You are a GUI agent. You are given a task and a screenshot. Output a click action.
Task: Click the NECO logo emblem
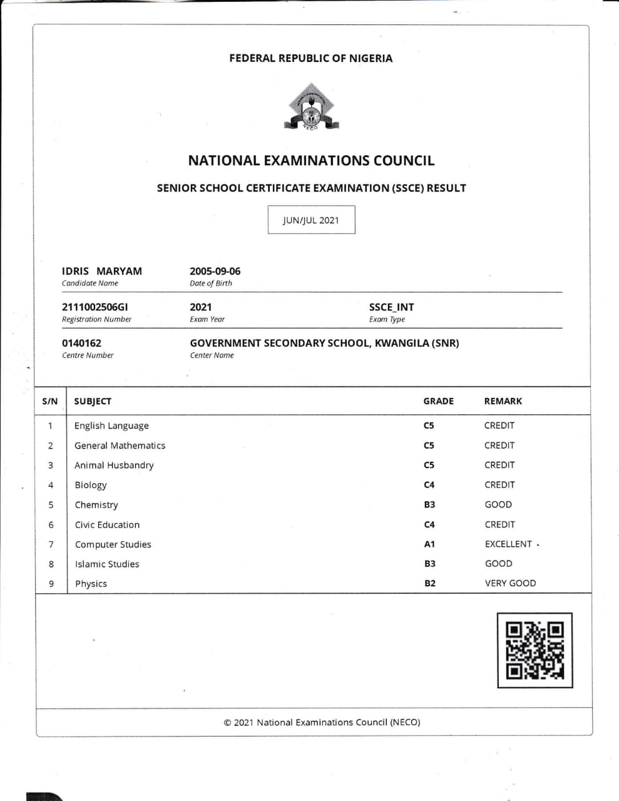(x=311, y=107)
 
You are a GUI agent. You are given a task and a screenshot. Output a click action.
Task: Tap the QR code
(x=535, y=650)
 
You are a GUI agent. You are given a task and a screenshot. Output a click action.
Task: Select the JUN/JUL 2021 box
(x=311, y=220)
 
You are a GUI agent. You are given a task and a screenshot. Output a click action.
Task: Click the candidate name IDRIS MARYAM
(x=102, y=271)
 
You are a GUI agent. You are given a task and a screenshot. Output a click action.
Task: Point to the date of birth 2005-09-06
(x=215, y=271)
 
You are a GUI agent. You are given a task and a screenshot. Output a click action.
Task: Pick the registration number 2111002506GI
(x=95, y=307)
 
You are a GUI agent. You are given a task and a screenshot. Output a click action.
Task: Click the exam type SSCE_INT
(x=391, y=307)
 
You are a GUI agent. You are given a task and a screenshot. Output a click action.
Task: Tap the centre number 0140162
(x=81, y=343)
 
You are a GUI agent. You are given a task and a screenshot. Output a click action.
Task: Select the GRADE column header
(x=438, y=401)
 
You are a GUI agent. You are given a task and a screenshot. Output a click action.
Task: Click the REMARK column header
(x=503, y=401)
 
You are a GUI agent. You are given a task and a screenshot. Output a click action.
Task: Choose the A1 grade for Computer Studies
(x=429, y=544)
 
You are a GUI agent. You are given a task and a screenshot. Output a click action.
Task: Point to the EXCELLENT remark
(x=508, y=544)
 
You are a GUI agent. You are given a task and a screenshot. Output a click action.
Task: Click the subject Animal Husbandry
(x=114, y=465)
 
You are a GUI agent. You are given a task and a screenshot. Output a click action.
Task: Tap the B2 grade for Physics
(x=430, y=583)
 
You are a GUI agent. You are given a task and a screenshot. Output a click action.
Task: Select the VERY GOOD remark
(x=510, y=583)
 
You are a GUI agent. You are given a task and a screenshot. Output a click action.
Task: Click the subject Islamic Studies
(x=107, y=564)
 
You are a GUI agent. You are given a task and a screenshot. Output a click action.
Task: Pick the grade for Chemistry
(x=429, y=504)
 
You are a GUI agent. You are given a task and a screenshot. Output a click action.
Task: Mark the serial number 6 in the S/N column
(x=51, y=524)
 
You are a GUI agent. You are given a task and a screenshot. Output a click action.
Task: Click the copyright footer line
(x=322, y=722)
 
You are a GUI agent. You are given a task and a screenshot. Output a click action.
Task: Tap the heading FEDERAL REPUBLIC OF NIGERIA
(x=311, y=58)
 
